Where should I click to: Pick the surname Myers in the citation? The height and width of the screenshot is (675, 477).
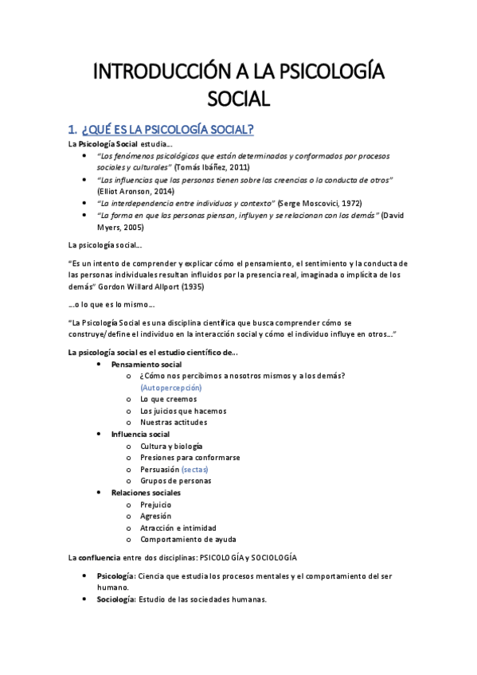108,227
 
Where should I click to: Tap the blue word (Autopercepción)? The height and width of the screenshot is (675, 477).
170,387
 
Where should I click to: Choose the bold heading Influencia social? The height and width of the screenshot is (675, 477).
140,435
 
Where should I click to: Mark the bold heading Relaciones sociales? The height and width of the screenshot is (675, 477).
146,493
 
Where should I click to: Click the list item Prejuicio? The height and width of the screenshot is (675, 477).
155,505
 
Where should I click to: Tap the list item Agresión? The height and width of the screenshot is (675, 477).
155,516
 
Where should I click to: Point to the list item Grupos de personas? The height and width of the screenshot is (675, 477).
175,481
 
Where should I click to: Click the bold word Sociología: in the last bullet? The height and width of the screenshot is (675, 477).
116,599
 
